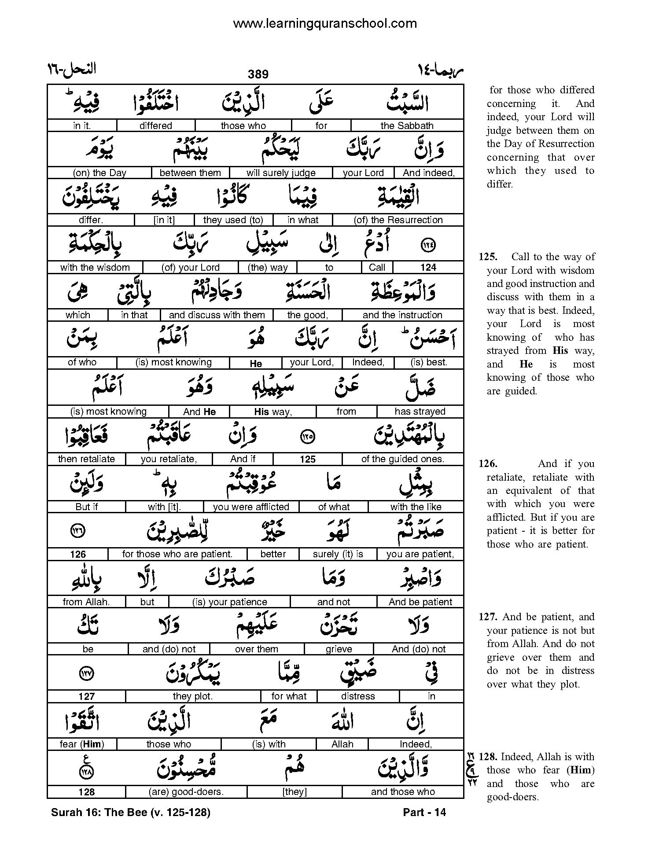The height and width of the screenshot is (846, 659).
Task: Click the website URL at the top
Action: tap(324, 23)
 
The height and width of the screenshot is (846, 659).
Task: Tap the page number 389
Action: tap(258, 74)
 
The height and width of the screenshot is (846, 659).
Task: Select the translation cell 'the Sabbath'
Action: tap(407, 125)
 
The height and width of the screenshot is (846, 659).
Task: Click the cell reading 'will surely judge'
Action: tap(281, 173)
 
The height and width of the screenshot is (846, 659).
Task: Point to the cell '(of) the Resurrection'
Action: tap(398, 220)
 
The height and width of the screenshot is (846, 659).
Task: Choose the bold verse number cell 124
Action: tap(428, 267)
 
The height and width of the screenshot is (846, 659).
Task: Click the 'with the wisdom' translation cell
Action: tap(95, 267)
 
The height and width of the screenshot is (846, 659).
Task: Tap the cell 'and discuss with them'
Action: tap(217, 315)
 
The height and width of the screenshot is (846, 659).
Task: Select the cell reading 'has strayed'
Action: tap(420, 412)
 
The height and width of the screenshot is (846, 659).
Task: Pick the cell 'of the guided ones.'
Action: tap(402, 459)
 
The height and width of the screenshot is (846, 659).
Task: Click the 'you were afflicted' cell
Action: tap(251, 507)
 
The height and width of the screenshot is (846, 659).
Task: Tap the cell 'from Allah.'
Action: tap(86, 602)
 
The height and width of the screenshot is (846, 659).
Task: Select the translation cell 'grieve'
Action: tap(339, 649)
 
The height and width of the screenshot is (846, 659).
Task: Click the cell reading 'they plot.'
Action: tap(193, 696)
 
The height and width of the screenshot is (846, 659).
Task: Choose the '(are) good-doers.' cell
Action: tap(186, 792)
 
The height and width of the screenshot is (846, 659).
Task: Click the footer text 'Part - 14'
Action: tap(424, 813)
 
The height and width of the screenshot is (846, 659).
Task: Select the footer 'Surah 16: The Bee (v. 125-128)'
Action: tap(131, 813)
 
